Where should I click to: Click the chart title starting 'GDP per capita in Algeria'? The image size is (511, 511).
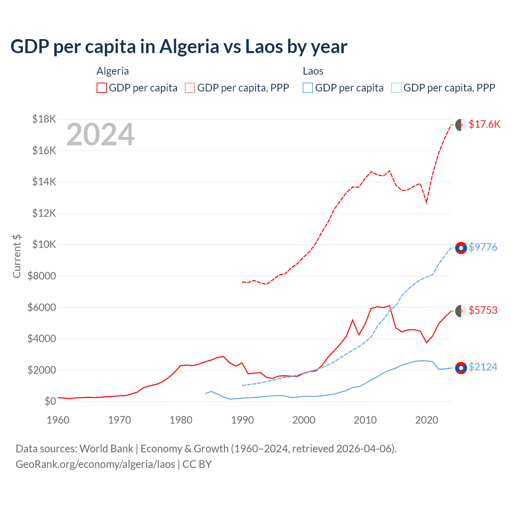(x=179, y=47)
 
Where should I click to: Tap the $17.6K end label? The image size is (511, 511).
(x=484, y=124)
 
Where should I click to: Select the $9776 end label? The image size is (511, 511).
(x=483, y=247)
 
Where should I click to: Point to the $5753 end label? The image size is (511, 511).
(x=483, y=310)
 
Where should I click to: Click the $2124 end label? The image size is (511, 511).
(x=483, y=367)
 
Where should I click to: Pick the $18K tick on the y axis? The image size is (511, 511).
(x=44, y=119)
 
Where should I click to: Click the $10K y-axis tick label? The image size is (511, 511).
(x=44, y=244)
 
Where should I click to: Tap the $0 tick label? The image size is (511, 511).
(x=50, y=401)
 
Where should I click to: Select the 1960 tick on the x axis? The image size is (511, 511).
(x=58, y=420)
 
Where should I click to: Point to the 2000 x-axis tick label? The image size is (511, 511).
(x=304, y=420)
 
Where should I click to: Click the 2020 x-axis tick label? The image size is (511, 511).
(x=427, y=420)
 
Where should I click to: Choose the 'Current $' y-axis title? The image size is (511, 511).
(x=17, y=256)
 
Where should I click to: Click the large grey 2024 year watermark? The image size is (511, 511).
(x=100, y=135)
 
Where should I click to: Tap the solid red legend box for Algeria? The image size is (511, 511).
(x=102, y=88)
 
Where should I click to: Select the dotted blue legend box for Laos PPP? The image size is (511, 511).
(x=396, y=88)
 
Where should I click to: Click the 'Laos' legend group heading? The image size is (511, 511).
(x=313, y=71)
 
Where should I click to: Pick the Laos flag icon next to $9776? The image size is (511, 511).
(x=461, y=248)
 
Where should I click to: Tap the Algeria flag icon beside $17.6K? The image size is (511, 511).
(x=461, y=125)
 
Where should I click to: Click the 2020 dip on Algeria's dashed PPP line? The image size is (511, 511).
(x=426, y=202)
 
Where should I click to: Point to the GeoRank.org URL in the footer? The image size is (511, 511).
(x=95, y=464)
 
